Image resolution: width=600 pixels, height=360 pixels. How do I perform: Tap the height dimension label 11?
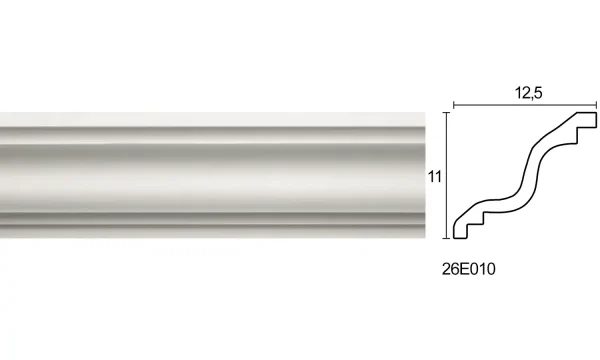433,175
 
